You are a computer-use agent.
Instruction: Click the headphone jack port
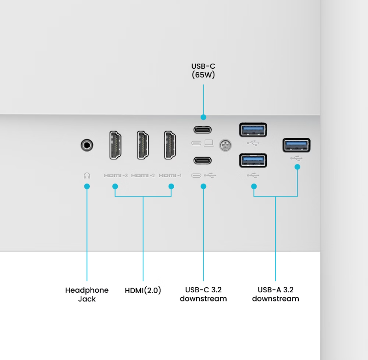click(x=87, y=146)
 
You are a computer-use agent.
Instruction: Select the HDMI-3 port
click(x=115, y=145)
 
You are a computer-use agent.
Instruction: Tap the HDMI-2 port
click(x=143, y=145)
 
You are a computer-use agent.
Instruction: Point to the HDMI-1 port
click(x=170, y=145)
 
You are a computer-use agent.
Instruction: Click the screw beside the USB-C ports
click(x=225, y=145)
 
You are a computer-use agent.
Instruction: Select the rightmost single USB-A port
click(x=297, y=145)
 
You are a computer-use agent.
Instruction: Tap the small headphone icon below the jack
click(x=87, y=175)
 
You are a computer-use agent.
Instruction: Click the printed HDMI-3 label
click(x=115, y=175)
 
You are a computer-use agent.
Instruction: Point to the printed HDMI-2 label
click(x=143, y=175)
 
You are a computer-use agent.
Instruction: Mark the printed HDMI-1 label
click(x=170, y=175)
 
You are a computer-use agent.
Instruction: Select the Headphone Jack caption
click(x=87, y=295)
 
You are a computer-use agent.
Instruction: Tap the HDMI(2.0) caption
click(x=143, y=290)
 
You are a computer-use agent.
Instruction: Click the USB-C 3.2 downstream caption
click(x=203, y=295)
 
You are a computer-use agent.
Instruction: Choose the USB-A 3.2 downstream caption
click(x=275, y=295)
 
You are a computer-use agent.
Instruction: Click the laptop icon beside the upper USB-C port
click(x=209, y=143)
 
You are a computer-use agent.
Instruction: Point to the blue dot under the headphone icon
click(x=87, y=186)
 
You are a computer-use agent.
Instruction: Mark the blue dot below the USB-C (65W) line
click(x=203, y=118)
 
